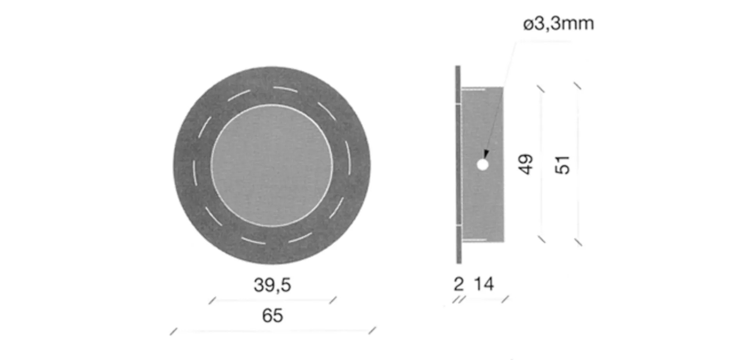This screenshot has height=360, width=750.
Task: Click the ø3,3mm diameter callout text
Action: (x=558, y=24)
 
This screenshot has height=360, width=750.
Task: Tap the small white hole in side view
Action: (x=483, y=165)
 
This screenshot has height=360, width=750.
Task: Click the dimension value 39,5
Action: (x=272, y=285)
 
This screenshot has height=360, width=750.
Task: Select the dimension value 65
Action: (x=272, y=315)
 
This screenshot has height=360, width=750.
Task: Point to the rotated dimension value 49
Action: (x=526, y=164)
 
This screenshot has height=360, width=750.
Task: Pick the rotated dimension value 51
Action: (x=563, y=165)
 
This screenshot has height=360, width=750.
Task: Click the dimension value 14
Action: (x=484, y=284)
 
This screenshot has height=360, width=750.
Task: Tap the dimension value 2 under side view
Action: (x=459, y=284)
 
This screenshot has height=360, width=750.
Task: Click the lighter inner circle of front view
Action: (x=272, y=166)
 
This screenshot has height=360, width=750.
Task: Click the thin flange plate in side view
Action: (x=458, y=165)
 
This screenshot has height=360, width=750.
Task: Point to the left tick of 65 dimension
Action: (x=173, y=331)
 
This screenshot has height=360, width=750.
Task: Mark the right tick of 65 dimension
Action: (x=372, y=331)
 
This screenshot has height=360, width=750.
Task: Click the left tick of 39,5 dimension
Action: (x=212, y=300)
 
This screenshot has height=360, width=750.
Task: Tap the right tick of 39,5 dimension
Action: (x=333, y=300)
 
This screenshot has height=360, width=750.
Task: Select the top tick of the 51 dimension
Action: (x=577, y=86)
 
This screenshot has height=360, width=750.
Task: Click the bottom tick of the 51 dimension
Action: (x=579, y=242)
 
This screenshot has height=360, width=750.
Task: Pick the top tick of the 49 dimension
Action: (x=541, y=89)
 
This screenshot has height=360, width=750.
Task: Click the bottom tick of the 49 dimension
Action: (x=542, y=239)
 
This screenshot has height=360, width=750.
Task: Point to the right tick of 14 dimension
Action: (x=505, y=299)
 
